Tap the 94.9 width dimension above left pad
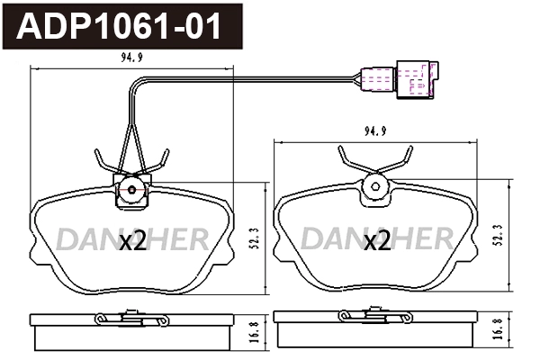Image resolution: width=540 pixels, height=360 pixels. click(x=131, y=63)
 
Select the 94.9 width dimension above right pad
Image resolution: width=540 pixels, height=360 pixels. click(x=376, y=130)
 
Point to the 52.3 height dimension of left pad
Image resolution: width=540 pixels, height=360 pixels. click(x=255, y=238)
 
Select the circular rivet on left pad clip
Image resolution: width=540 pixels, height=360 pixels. click(x=131, y=190)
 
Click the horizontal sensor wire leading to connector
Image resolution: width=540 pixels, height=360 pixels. click(x=243, y=76)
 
